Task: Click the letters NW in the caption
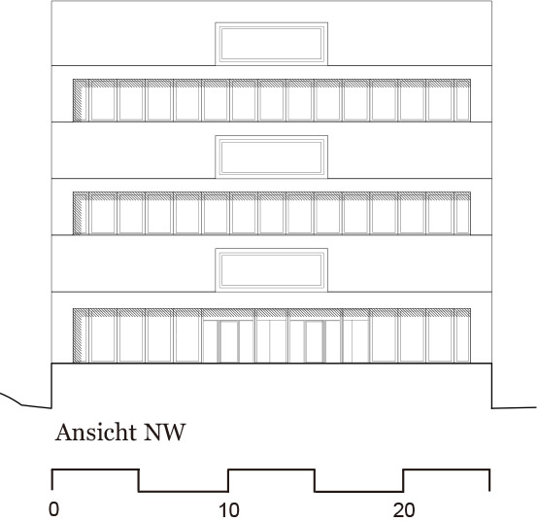[x=165, y=432]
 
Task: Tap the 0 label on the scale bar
[x=53, y=509]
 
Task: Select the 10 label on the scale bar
[x=229, y=510]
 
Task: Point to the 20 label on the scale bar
[x=404, y=510]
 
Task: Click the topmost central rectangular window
[x=271, y=44]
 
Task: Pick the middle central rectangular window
[x=271, y=157]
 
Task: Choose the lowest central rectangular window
[x=271, y=270]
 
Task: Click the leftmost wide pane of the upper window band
[x=103, y=104]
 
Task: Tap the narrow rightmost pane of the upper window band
[x=462, y=104]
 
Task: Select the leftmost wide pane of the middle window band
[x=103, y=217]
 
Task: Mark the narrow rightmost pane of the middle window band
[x=462, y=217]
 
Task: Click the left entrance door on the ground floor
[x=228, y=341]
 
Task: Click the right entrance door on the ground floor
[x=315, y=341]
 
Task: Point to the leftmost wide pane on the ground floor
[x=103, y=339]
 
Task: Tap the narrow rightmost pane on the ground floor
[x=462, y=339]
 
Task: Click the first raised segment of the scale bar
[x=95, y=470]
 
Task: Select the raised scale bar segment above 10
[x=271, y=470]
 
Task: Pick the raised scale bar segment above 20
[x=447, y=470]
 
